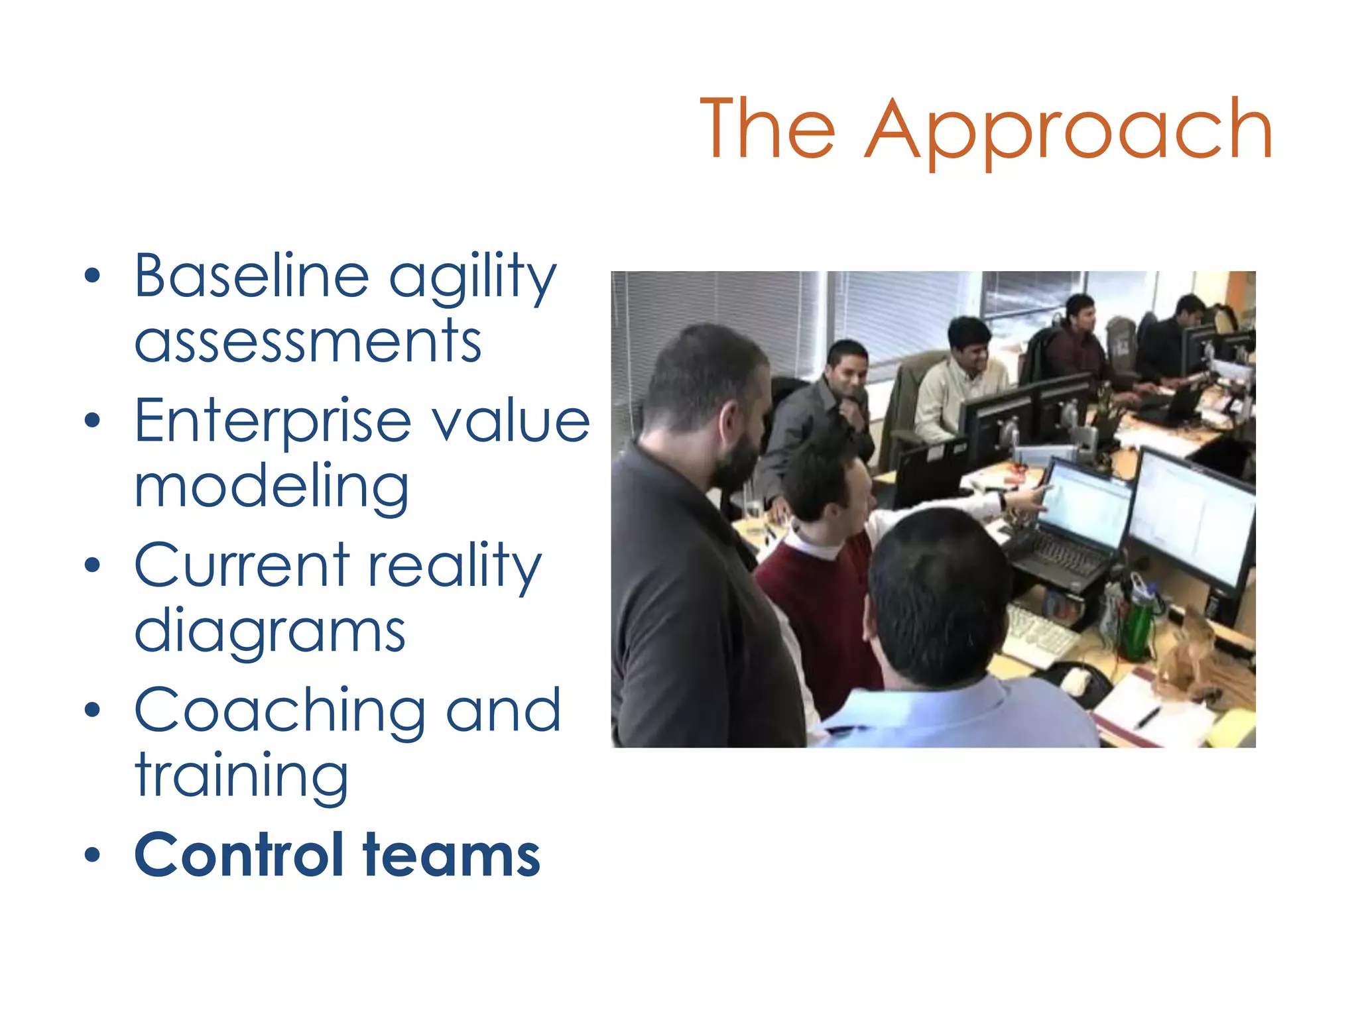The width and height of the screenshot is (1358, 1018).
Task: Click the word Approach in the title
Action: pyautogui.click(x=1069, y=131)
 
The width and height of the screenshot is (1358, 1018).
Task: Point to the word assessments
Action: pyautogui.click(x=308, y=342)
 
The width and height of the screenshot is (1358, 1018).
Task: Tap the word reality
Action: pyautogui.click(x=454, y=567)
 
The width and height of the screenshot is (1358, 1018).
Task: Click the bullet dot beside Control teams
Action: pyautogui.click(x=93, y=856)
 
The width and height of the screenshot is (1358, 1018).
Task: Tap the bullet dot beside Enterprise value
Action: pyautogui.click(x=93, y=420)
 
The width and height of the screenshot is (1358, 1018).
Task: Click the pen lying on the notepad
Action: pyautogui.click(x=1148, y=716)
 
